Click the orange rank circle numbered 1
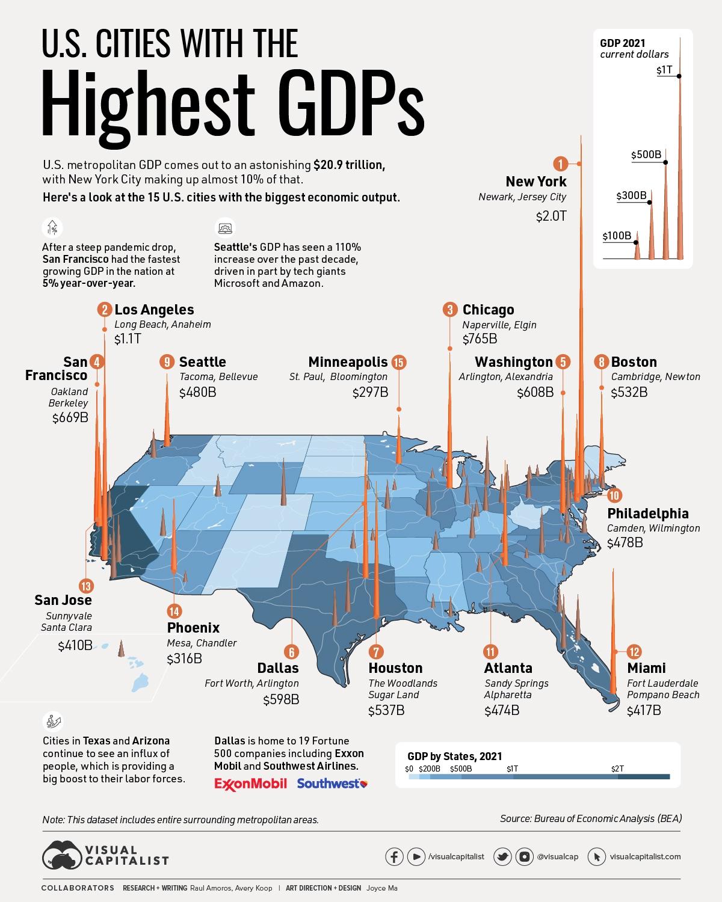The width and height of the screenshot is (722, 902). click(560, 164)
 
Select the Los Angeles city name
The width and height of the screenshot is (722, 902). click(154, 310)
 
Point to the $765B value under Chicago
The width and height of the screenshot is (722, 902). click(480, 339)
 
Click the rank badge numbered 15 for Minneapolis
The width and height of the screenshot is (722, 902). click(398, 362)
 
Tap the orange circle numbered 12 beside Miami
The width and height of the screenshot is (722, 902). click(634, 651)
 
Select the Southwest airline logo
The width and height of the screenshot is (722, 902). click(332, 784)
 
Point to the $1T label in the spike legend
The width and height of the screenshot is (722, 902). click(664, 70)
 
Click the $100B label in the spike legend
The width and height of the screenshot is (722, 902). click(617, 236)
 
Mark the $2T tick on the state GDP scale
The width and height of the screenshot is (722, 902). click(617, 769)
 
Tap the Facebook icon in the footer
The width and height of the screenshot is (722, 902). click(394, 856)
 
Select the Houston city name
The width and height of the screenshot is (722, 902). click(395, 668)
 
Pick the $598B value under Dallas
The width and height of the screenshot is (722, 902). click(280, 700)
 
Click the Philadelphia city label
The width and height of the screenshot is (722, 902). click(647, 514)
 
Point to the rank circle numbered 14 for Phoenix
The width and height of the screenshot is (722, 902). click(174, 612)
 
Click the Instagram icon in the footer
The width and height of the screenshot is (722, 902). click(524, 856)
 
